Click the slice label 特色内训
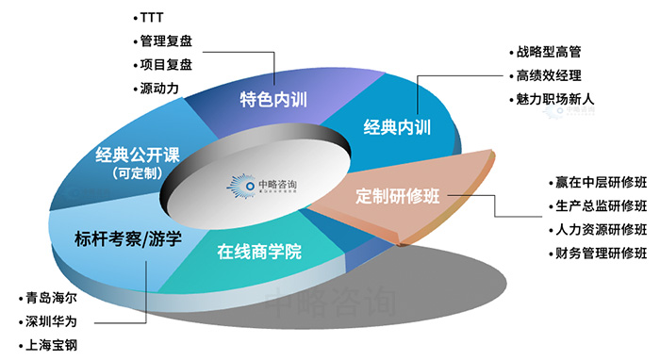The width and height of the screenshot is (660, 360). pyautogui.click(x=273, y=100)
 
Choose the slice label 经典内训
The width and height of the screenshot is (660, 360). pyautogui.click(x=397, y=125)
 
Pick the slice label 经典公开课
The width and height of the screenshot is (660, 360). pyautogui.click(x=138, y=155)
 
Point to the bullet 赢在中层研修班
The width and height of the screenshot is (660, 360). pyautogui.click(x=602, y=182)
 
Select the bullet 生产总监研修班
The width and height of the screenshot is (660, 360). pyautogui.click(x=602, y=205)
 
